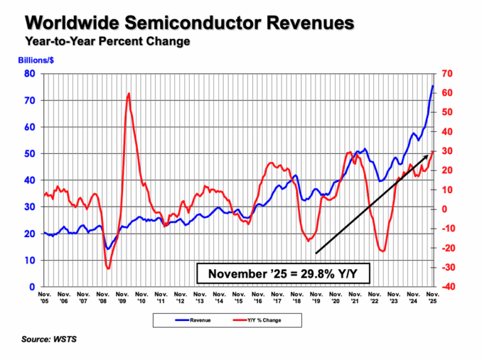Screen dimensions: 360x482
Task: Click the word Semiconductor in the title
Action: pos(189,24)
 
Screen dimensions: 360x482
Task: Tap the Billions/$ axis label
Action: pos(43,61)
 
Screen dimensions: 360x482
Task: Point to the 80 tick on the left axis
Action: pos(29,74)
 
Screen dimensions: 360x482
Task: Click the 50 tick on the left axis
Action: pos(29,154)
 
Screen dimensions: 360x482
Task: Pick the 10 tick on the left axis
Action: pos(29,260)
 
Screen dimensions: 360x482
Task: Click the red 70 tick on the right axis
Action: pos(447,74)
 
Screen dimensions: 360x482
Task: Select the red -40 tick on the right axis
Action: pos(446,287)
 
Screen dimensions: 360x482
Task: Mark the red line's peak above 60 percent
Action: pos(129,93)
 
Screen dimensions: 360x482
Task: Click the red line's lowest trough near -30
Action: pos(108,268)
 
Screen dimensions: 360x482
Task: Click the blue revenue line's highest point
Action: pos(432,85)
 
